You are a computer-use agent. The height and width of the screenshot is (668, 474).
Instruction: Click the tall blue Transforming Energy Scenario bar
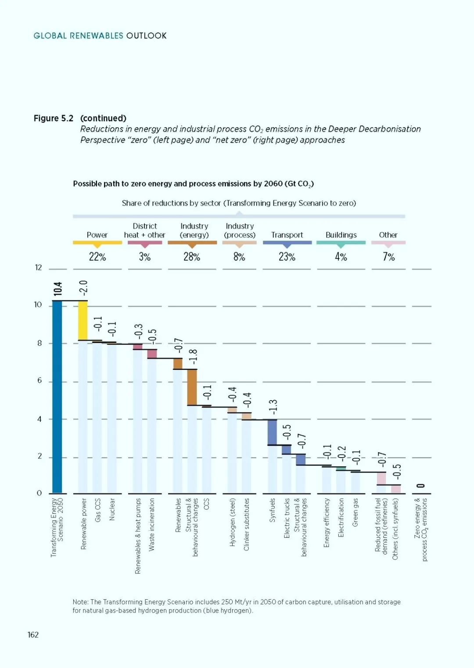click(57, 397)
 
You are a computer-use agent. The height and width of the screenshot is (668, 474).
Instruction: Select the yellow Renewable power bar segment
click(83, 320)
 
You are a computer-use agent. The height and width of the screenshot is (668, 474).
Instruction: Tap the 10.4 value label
click(58, 289)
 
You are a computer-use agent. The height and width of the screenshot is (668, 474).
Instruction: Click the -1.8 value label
click(193, 356)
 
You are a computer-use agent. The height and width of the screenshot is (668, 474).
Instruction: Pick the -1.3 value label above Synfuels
click(273, 407)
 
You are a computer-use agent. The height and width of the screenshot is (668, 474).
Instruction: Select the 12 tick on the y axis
click(38, 267)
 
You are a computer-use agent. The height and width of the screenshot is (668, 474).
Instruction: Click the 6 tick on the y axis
click(39, 380)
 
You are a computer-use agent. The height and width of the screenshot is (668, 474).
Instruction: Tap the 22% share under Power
click(97, 256)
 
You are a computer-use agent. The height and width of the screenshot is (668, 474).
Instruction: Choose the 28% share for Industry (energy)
click(192, 256)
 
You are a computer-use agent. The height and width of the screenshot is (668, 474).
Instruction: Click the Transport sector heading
click(287, 235)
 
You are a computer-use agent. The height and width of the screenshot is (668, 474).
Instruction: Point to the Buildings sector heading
click(341, 235)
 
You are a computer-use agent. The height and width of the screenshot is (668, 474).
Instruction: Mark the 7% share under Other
click(388, 256)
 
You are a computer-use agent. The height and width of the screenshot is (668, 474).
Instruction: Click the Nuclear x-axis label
click(112, 509)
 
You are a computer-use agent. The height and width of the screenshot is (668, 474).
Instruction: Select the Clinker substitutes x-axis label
click(246, 525)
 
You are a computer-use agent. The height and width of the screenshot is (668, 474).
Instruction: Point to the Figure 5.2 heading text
click(54, 118)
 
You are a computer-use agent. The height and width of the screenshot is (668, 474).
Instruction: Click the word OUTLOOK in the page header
click(146, 36)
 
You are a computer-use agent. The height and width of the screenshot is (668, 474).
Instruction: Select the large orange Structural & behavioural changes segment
click(192, 387)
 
